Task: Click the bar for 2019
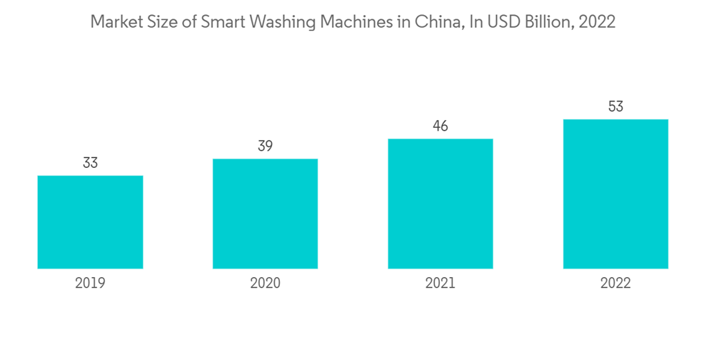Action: coord(90,222)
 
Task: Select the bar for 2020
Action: coord(265,214)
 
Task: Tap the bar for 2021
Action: coord(440,204)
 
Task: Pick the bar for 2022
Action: coord(615,194)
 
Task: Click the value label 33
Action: coord(90,163)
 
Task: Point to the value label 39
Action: coord(265,146)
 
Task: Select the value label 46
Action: coord(440,126)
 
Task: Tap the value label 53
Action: coord(615,106)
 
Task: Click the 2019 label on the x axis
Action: coord(90,283)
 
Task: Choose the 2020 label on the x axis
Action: coord(265,283)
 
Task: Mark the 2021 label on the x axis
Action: coord(440,283)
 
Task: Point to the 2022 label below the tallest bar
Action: coord(615,283)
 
